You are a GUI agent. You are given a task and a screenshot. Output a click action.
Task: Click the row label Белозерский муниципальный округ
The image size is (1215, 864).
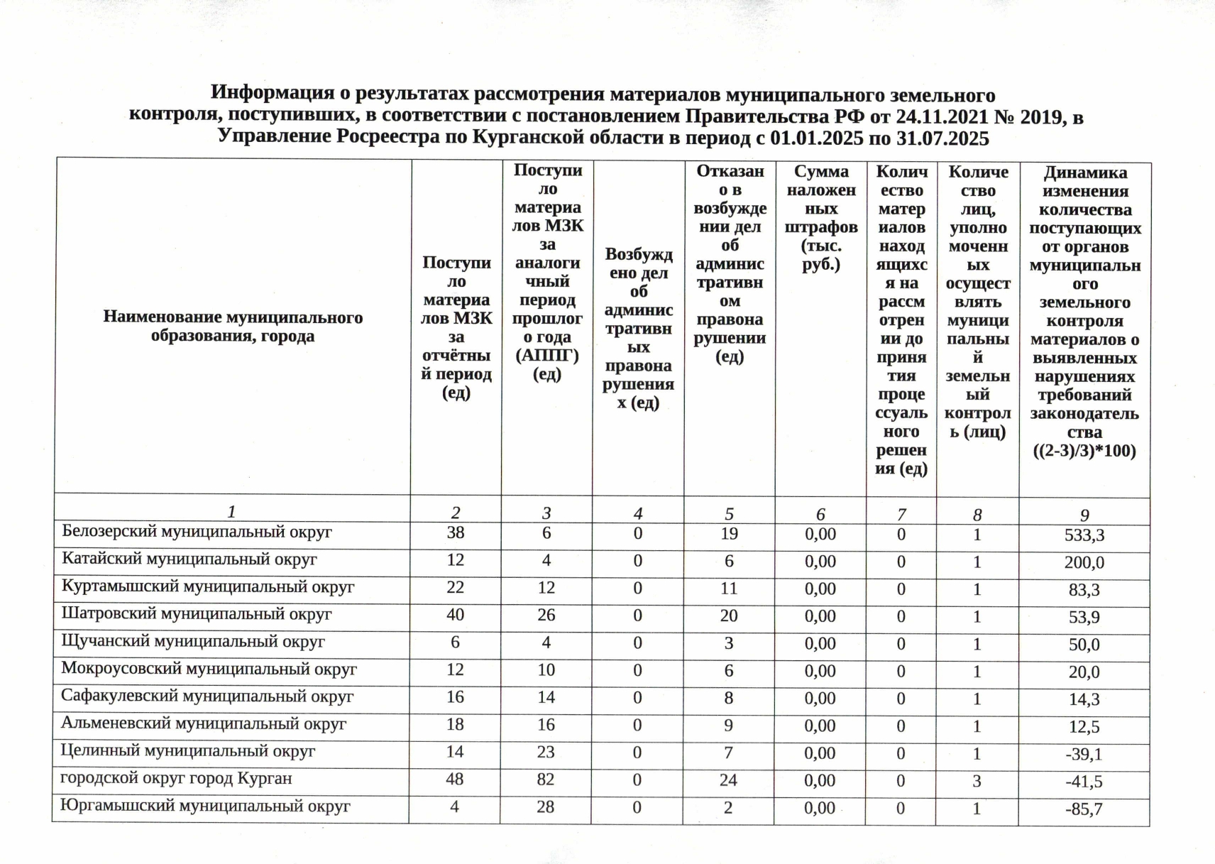point(197,532)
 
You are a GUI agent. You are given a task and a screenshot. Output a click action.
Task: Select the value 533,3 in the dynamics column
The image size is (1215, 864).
point(1084,535)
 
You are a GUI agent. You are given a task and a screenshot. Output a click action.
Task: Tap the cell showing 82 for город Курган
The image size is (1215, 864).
point(545,780)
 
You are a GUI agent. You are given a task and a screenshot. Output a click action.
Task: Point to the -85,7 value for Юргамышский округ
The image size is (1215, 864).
point(1084,809)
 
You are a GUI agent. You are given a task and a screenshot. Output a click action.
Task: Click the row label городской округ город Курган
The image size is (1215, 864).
point(176,779)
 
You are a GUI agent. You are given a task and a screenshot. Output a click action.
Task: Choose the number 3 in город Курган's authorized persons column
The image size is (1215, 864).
point(977,781)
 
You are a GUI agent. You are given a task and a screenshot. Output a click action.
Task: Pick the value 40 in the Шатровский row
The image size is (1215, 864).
point(455,615)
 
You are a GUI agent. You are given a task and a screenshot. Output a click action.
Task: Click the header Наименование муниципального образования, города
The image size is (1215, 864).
point(233,327)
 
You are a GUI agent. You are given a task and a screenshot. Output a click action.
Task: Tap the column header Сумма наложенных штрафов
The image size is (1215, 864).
point(821,218)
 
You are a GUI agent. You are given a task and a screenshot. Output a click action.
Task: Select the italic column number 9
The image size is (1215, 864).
point(1084,515)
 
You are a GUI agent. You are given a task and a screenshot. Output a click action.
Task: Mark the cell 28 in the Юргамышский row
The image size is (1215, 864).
point(545,807)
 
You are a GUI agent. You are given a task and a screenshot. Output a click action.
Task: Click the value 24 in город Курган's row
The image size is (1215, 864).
point(728,780)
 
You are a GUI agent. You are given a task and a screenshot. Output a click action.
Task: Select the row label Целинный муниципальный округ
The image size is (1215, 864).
point(188,751)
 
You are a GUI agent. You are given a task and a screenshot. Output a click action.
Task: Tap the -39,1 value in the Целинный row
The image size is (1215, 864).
point(1084,754)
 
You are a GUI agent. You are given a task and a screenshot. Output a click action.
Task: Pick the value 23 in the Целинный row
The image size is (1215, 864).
point(546,752)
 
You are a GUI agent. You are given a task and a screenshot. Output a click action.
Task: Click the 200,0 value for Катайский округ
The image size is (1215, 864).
point(1084,563)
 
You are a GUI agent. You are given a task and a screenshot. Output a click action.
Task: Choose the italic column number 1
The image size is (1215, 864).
point(231,512)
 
